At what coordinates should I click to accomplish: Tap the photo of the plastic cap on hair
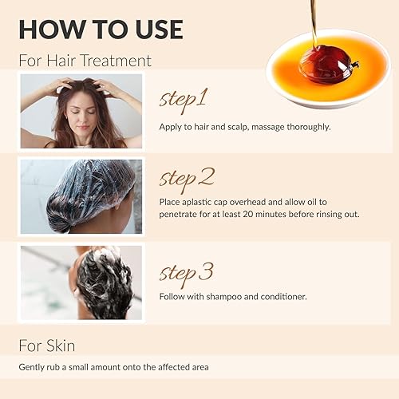(81, 196)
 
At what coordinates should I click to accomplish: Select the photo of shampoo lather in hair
(81, 282)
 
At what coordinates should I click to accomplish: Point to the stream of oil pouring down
(314, 20)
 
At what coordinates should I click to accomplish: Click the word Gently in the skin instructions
(33, 368)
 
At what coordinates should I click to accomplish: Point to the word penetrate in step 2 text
(181, 215)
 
